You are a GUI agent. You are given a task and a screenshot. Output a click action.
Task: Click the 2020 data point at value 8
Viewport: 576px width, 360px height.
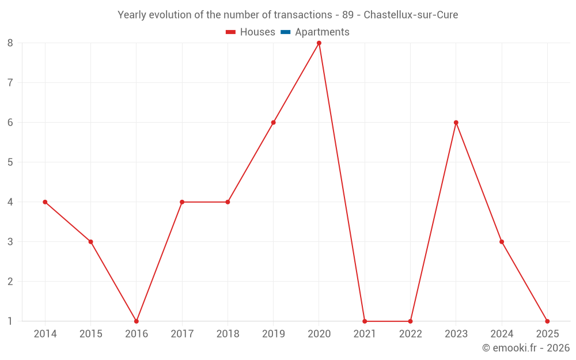click(x=319, y=43)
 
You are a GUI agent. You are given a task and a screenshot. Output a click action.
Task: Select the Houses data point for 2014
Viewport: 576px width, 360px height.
click(x=45, y=202)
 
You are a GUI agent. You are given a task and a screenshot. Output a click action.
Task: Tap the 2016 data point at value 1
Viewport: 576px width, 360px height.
click(x=137, y=321)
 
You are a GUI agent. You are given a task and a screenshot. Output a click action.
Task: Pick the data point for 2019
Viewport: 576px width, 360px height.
click(x=273, y=123)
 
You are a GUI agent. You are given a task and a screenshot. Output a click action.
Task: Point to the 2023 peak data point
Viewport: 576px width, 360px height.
click(x=456, y=123)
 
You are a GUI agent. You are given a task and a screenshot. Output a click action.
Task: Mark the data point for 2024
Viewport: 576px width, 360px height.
click(x=502, y=242)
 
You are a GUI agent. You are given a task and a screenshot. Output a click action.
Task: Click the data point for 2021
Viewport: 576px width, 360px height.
click(x=365, y=321)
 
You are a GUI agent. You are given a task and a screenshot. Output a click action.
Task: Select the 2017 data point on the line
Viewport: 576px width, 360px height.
click(x=182, y=202)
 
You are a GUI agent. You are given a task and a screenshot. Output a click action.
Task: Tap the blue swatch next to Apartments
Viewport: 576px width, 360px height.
click(x=286, y=32)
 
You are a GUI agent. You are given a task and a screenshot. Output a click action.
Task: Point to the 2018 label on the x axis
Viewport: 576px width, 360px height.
click(x=228, y=334)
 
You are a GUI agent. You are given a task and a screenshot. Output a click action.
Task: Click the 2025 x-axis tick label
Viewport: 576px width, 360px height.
click(x=547, y=334)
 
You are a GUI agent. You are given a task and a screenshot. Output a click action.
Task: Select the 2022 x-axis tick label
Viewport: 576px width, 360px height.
click(x=410, y=334)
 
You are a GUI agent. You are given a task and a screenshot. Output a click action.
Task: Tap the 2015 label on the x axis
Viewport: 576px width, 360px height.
click(x=90, y=334)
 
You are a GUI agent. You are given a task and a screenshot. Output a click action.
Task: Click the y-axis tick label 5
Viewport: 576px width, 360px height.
click(x=10, y=162)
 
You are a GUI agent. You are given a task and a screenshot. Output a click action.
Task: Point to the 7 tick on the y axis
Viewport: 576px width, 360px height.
click(x=10, y=83)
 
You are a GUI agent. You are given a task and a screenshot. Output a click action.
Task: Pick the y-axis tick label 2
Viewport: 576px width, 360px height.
click(x=10, y=282)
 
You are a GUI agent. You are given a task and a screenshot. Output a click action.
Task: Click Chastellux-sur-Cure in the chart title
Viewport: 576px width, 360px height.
click(x=411, y=15)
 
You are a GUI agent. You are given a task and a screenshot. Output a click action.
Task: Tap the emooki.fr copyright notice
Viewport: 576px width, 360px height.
click(x=525, y=348)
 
